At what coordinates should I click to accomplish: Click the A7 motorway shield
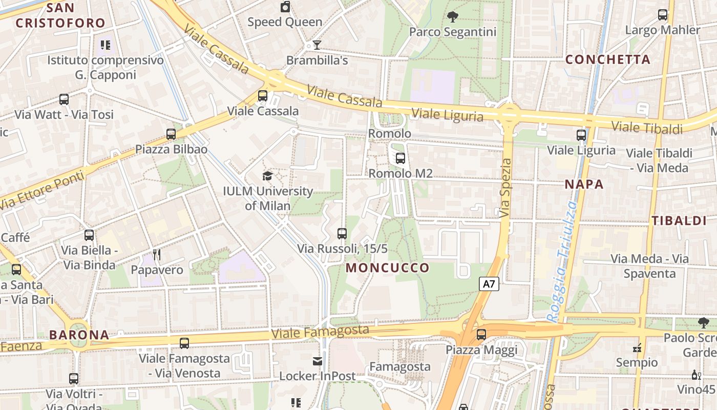[489, 284]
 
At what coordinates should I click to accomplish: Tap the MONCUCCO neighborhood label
[388, 268]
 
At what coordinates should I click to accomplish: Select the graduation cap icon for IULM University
[267, 176]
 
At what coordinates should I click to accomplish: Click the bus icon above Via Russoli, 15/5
[342, 234]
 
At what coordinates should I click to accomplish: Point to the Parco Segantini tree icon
[452, 17]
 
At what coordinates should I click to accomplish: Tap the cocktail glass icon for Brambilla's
[317, 45]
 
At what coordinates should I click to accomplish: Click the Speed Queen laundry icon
[285, 7]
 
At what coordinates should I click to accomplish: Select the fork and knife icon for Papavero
[157, 254]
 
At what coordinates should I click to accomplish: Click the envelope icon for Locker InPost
[318, 361]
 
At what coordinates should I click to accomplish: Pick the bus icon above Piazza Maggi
[481, 335]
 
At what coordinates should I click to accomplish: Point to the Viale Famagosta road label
[320, 332]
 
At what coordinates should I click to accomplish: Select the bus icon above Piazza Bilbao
[171, 134]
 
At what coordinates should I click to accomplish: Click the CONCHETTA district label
[607, 59]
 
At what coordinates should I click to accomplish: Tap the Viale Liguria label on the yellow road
[447, 115]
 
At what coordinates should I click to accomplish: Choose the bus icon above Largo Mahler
[663, 15]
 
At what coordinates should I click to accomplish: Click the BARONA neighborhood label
[79, 335]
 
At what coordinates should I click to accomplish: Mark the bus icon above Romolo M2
[400, 158]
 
